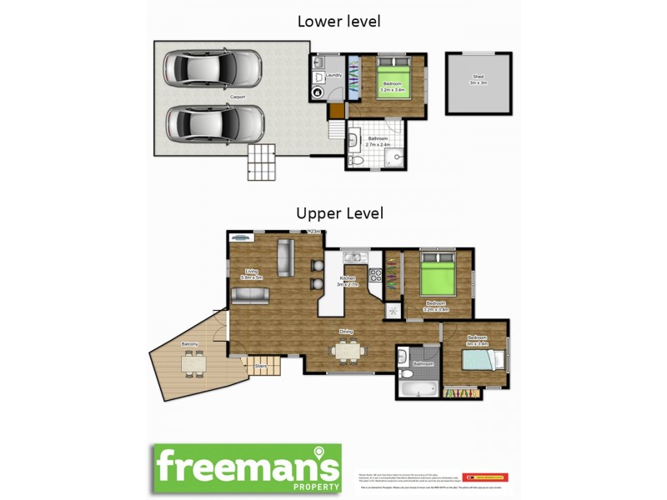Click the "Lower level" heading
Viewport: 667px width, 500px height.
click(x=339, y=22)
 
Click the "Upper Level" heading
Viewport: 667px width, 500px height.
click(x=339, y=213)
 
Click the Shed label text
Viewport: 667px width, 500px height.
click(x=478, y=79)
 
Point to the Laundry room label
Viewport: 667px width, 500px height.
click(x=333, y=76)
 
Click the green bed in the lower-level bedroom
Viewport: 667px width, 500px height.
click(x=392, y=79)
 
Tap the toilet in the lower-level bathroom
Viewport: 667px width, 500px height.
click(x=356, y=157)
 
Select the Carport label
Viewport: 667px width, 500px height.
click(x=238, y=97)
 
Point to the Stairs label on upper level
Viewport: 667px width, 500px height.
click(x=260, y=364)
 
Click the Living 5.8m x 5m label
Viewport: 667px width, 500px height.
click(x=252, y=273)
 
